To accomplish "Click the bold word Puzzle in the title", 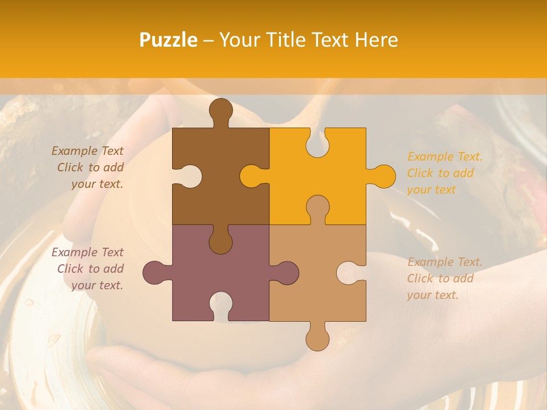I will [169, 40].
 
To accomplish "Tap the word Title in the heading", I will [305, 39].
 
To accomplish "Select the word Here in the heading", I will [375, 39].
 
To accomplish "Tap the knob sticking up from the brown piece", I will [221, 111].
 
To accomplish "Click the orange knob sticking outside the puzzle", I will [383, 177].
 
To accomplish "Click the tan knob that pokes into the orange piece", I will [317, 208].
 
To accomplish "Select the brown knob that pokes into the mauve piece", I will [221, 240].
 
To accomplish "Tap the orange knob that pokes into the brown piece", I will [252, 177].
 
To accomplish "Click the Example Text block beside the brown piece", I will [88, 167].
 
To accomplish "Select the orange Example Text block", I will [444, 173].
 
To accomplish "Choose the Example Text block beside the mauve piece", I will [88, 269].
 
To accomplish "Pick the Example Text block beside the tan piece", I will [444, 278].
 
